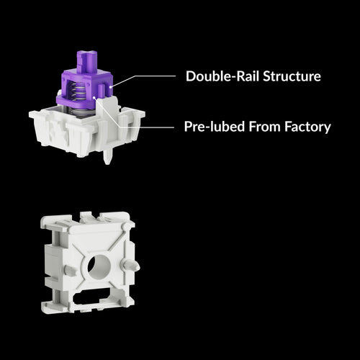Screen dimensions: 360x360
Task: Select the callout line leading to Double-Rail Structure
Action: point(144,76)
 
